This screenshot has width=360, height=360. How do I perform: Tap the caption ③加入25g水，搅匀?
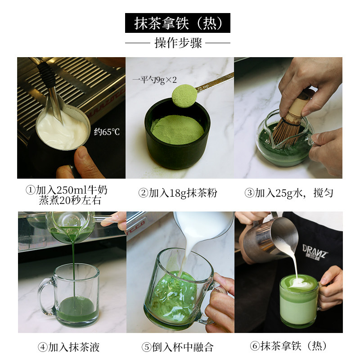point(288,193)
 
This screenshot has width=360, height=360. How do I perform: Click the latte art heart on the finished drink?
point(297,283)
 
